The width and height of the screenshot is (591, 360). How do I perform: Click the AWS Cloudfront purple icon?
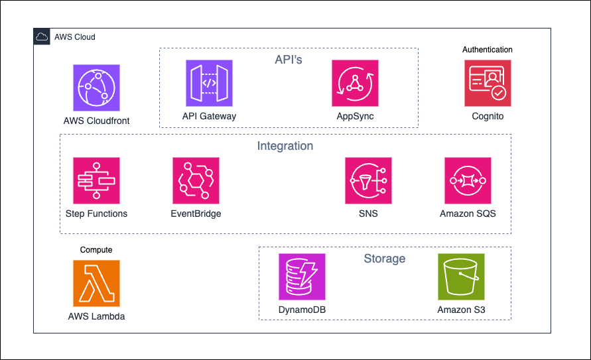click(96, 88)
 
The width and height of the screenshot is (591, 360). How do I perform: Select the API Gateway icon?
click(209, 83)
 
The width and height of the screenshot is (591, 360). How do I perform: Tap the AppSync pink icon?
click(355, 83)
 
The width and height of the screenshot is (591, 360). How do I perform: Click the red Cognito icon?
click(488, 83)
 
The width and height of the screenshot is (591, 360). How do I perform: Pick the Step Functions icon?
click(96, 180)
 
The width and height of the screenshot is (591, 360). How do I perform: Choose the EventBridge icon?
click(196, 180)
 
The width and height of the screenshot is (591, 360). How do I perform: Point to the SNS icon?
click(368, 180)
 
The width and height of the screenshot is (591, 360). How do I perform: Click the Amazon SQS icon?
click(468, 180)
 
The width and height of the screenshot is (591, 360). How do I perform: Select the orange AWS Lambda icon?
click(96, 283)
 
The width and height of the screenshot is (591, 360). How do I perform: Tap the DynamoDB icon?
click(302, 276)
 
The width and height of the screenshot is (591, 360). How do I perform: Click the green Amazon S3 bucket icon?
click(461, 276)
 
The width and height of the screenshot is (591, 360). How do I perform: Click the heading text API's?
click(289, 60)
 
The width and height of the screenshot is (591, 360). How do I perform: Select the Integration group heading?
click(285, 146)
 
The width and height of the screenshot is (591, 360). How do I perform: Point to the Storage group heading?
click(384, 259)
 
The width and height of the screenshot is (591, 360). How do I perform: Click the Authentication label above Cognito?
click(488, 50)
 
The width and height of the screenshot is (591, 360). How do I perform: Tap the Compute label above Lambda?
click(96, 250)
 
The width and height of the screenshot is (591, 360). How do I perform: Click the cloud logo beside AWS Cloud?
click(42, 37)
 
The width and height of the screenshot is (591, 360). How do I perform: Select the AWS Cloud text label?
click(74, 37)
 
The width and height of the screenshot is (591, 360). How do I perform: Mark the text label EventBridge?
click(196, 214)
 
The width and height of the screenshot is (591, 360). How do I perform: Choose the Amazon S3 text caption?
click(461, 310)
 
